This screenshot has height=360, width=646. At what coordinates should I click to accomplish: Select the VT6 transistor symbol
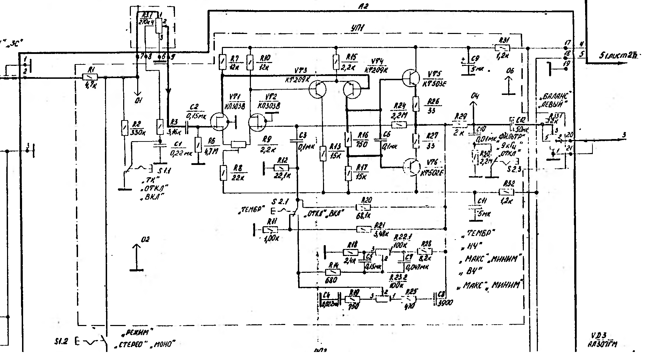[x=412, y=167]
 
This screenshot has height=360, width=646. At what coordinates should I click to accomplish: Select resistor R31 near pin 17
[x=502, y=48]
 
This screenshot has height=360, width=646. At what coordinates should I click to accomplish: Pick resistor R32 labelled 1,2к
[x=506, y=192]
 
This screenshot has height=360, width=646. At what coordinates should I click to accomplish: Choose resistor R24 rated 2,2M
[x=399, y=124]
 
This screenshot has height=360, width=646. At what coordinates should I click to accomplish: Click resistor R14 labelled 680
[x=333, y=272]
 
